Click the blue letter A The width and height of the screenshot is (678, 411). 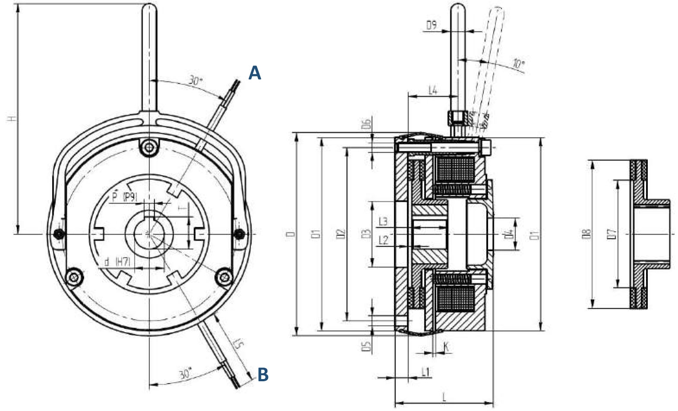pyautogui.click(x=255, y=73)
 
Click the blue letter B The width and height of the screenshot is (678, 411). pyautogui.click(x=263, y=374)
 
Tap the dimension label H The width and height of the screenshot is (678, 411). pyautogui.click(x=13, y=117)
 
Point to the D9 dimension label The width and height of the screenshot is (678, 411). pyautogui.click(x=431, y=25)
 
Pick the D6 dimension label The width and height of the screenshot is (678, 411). pyautogui.click(x=366, y=124)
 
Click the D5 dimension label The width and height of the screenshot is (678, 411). pyautogui.click(x=366, y=346)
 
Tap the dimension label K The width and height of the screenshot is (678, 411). pyautogui.click(x=446, y=346)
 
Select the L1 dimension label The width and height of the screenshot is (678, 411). pyautogui.click(x=425, y=372)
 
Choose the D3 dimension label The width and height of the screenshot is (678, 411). pyautogui.click(x=366, y=234)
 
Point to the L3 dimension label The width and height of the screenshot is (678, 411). pyautogui.click(x=383, y=222)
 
